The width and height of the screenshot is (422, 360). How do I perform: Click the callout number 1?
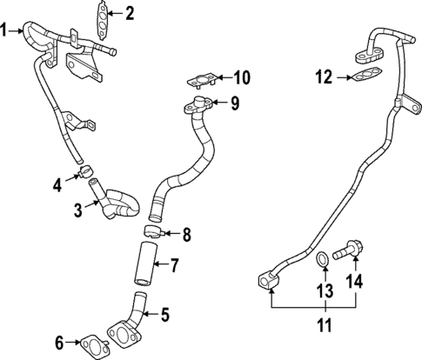pyautogui.click(x=6, y=30)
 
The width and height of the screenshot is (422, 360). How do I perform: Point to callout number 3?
pyautogui.click(x=77, y=209)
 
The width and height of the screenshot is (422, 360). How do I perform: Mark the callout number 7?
pyautogui.click(x=173, y=263)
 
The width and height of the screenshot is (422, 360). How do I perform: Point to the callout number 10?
pyautogui.click(x=241, y=78)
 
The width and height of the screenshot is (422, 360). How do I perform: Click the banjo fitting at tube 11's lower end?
pyautogui.click(x=268, y=280)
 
